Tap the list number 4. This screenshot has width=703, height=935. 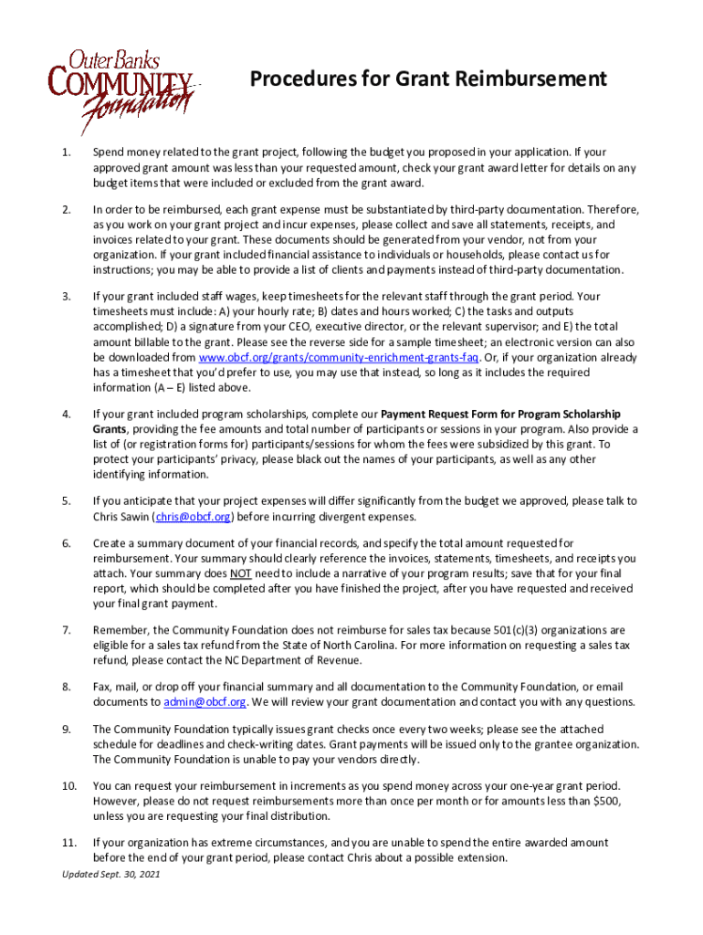[x=66, y=415]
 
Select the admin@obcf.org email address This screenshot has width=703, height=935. [x=205, y=702]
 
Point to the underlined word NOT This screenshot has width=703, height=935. [x=241, y=573]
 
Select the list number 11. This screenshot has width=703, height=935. [x=68, y=843]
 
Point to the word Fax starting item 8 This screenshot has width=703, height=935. [x=102, y=687]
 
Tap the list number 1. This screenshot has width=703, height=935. [x=66, y=152]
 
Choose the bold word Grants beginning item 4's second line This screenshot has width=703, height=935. [x=110, y=429]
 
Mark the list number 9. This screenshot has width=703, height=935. [x=66, y=730]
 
